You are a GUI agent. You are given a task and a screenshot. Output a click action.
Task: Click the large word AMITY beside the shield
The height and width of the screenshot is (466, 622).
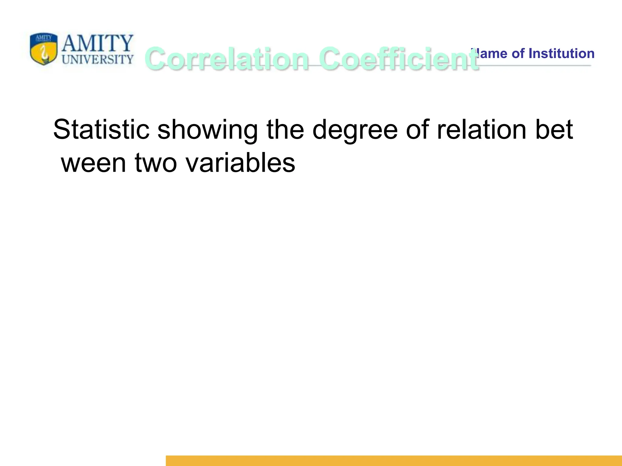[97, 43]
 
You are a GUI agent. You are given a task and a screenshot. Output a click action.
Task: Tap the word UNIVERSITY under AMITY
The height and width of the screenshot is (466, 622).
[97, 59]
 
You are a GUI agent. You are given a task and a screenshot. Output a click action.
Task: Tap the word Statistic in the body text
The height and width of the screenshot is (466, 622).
[101, 130]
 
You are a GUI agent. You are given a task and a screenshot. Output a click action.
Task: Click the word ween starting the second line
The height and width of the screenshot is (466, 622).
[94, 163]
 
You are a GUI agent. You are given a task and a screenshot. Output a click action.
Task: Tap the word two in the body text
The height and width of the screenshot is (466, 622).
[155, 163]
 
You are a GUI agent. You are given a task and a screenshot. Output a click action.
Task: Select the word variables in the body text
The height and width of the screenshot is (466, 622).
[240, 163]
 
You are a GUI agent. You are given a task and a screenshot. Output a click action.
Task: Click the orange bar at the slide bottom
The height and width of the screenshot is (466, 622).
[394, 460]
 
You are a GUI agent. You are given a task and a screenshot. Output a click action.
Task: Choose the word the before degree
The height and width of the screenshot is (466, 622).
[285, 130]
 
